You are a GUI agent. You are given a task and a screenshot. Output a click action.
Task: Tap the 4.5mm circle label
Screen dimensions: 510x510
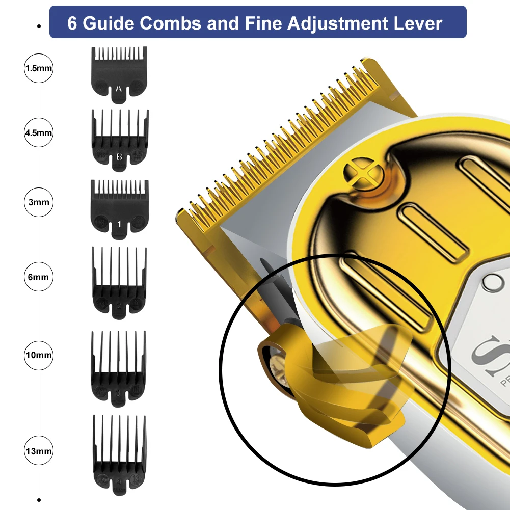pyautogui.click(x=39, y=133)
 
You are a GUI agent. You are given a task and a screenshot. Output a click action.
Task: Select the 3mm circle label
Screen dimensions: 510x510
pyautogui.click(x=39, y=202)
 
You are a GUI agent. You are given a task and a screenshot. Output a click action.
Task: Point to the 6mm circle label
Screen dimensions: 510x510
pyautogui.click(x=39, y=277)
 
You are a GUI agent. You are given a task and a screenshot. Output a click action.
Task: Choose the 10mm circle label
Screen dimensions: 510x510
pyautogui.click(x=39, y=355)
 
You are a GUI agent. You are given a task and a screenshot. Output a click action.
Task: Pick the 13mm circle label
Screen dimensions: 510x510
pyautogui.click(x=39, y=451)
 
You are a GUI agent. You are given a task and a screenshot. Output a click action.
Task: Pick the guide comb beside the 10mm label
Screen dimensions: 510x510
pyautogui.click(x=119, y=364)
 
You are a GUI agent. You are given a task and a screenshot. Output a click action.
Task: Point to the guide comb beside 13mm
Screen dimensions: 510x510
pyautogui.click(x=119, y=449)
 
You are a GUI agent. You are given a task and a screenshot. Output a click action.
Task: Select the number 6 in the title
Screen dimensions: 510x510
pyautogui.click(x=72, y=23)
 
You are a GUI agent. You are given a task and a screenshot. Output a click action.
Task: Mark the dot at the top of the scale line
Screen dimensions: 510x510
pyautogui.click(x=39, y=25)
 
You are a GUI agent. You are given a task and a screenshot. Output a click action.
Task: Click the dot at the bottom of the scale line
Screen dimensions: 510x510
pyautogui.click(x=39, y=500)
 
